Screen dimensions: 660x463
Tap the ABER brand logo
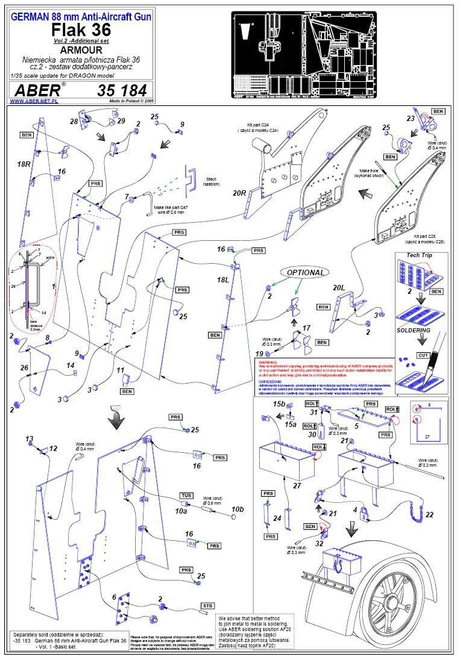(37, 90)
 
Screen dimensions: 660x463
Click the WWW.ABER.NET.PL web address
(33, 101)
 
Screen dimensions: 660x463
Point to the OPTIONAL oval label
(306, 272)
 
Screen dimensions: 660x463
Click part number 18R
(24, 164)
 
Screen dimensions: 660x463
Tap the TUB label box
(186, 495)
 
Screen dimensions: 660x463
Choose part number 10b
(238, 509)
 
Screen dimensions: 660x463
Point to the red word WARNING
(269, 362)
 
